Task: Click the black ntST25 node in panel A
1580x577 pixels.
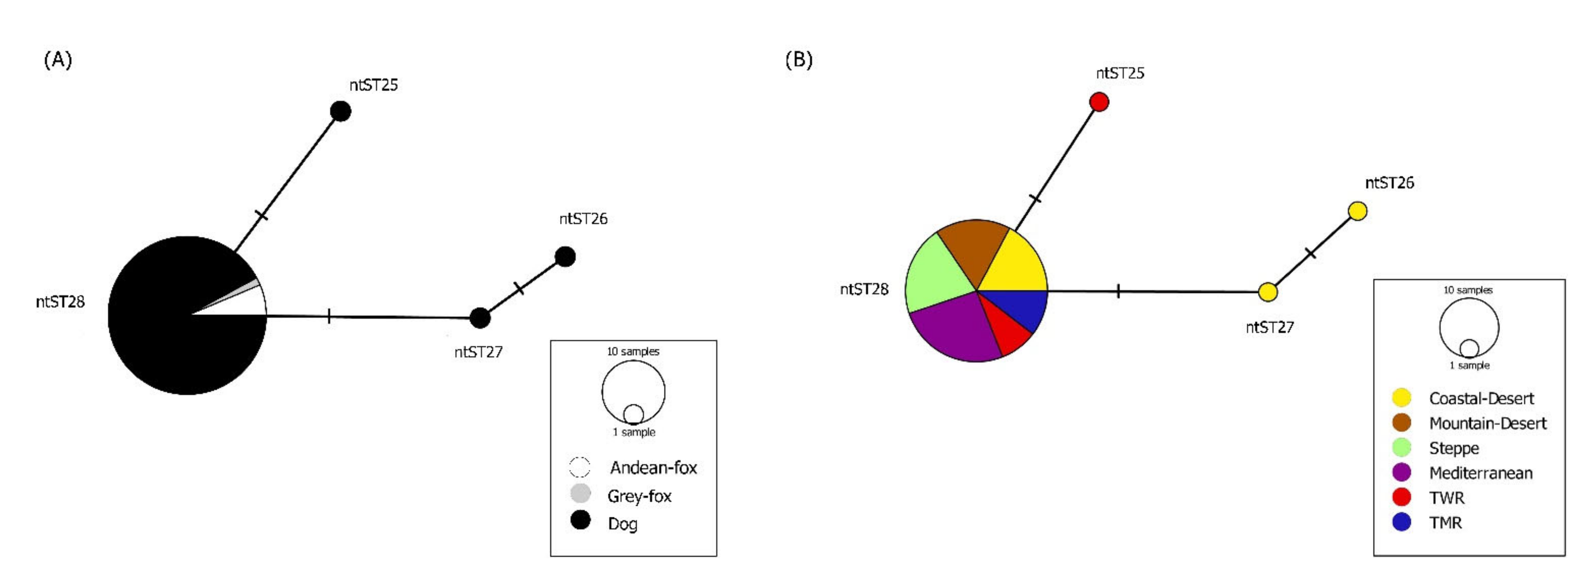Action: click(x=340, y=111)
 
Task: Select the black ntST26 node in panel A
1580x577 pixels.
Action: click(x=565, y=256)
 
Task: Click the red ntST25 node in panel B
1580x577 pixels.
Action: click(x=1099, y=102)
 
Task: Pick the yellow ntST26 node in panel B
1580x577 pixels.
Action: click(x=1357, y=211)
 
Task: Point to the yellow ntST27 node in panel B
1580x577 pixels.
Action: click(x=1268, y=292)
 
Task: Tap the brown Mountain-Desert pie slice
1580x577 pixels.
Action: click(x=972, y=245)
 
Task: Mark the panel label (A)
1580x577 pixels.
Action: click(x=58, y=60)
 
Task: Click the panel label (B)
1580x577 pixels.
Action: click(x=798, y=60)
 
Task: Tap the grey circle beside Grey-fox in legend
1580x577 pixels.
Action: click(x=580, y=493)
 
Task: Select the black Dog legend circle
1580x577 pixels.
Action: click(x=580, y=520)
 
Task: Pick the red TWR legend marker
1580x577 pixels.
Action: click(x=1401, y=497)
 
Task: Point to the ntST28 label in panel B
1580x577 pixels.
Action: click(x=864, y=289)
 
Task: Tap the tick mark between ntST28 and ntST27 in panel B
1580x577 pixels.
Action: click(x=1118, y=291)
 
